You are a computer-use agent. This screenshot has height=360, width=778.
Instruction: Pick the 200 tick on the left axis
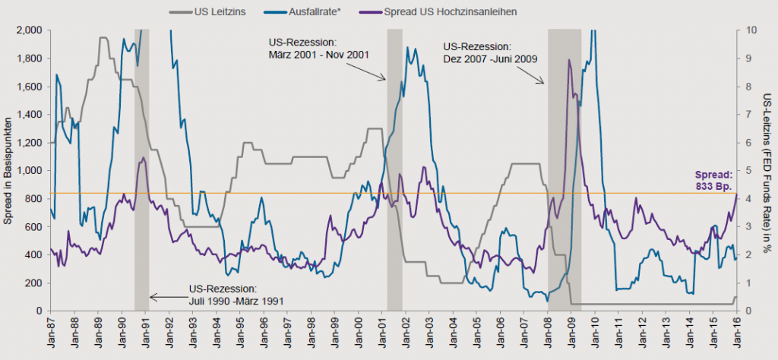(x=33, y=283)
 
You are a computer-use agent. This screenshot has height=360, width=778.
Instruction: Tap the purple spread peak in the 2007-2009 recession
(x=568, y=60)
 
